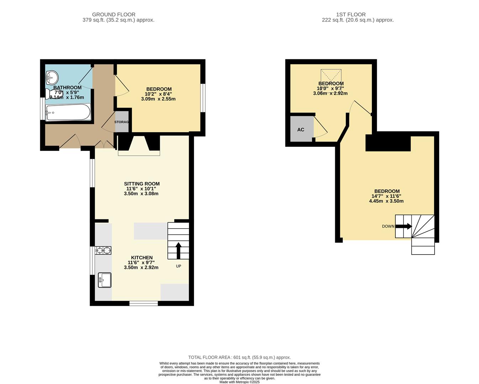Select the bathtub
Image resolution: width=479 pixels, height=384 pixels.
(68, 112)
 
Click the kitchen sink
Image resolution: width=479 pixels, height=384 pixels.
(105, 280)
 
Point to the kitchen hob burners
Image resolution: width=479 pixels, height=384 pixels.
(103, 250)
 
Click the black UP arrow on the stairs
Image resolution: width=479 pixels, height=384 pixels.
(179, 251)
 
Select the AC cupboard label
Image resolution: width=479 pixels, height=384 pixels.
(301, 130)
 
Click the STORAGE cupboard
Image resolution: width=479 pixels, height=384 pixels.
(122, 122)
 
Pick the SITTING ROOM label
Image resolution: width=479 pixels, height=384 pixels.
(142, 184)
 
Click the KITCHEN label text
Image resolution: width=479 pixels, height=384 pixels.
(142, 257)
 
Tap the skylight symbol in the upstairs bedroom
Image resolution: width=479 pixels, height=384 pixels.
(331, 78)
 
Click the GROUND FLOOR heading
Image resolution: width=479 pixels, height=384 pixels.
(114, 15)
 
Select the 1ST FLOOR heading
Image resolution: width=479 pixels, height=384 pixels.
(351, 15)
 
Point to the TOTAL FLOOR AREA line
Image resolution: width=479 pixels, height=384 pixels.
(239, 357)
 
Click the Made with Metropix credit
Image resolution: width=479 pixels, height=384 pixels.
(239, 382)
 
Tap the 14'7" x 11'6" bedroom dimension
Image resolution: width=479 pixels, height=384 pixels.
(386, 196)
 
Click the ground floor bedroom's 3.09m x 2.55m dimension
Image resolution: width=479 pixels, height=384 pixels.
(158, 99)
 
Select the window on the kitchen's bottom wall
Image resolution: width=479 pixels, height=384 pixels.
(144, 303)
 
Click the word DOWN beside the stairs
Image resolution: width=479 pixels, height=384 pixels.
(388, 226)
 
